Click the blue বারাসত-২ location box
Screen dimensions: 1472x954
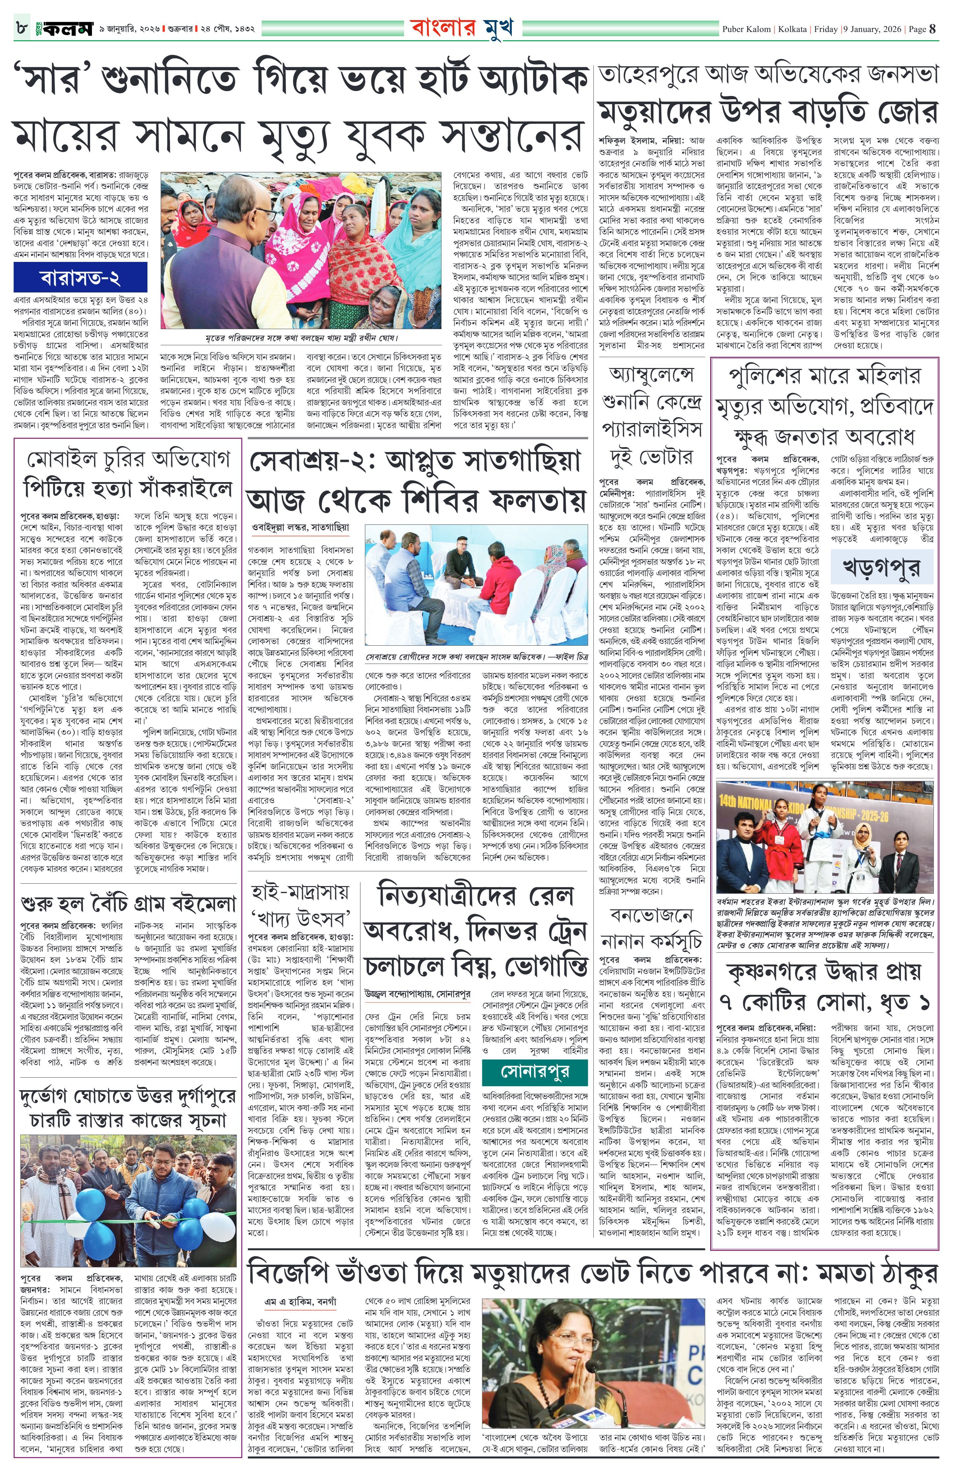(80, 277)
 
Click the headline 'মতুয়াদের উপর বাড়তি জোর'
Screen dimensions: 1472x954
(768, 113)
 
